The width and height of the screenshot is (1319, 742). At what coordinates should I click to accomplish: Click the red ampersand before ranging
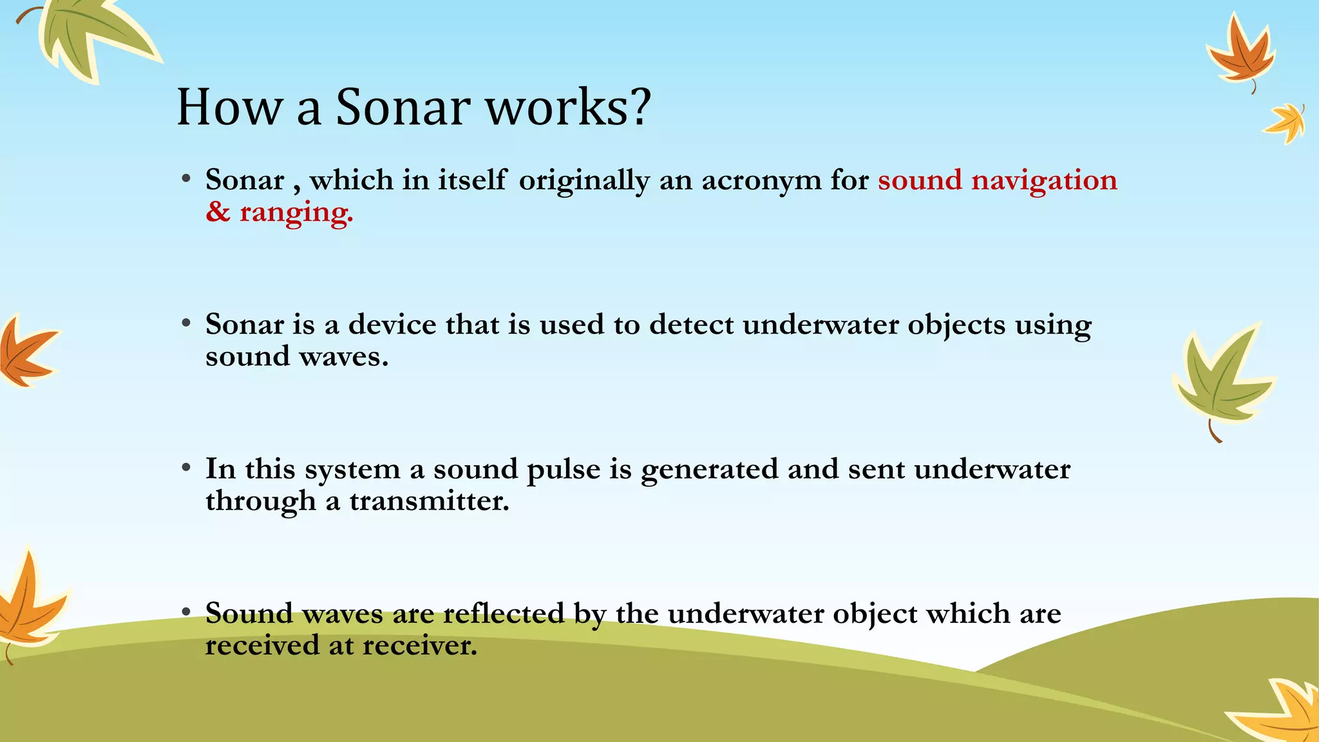coord(218,212)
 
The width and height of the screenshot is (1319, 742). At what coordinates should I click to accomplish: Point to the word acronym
coord(761,181)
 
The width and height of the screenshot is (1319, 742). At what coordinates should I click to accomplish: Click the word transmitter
coord(429,501)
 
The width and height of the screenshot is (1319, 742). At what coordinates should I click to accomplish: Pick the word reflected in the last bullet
coord(503,613)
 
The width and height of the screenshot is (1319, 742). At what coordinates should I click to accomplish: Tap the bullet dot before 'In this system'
coord(185,468)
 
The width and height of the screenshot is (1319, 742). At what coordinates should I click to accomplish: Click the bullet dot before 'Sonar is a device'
coord(185,323)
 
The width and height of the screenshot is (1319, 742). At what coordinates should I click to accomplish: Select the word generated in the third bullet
coord(709,470)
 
